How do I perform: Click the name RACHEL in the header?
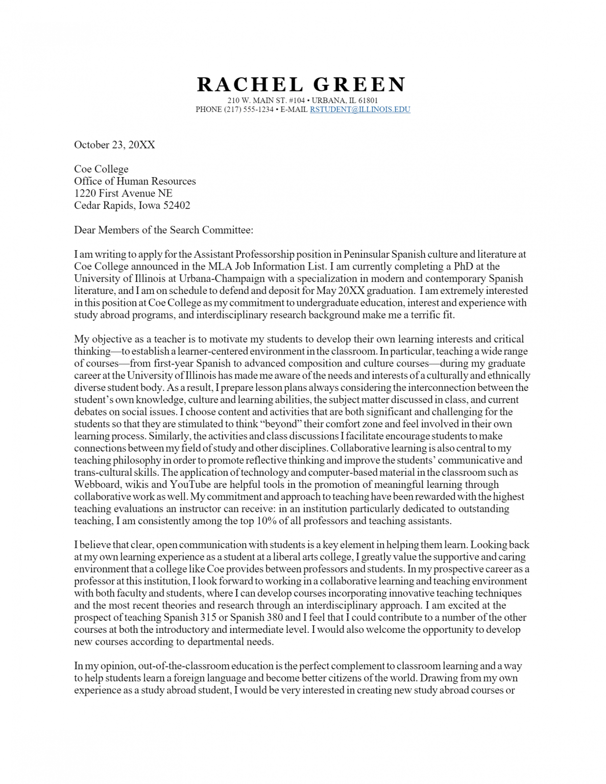[x=250, y=85]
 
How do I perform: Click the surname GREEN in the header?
[x=359, y=85]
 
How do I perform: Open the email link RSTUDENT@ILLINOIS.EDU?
[x=360, y=109]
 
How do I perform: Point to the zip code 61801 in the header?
[x=368, y=101]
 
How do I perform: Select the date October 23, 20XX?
[x=114, y=145]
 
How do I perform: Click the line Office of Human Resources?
[x=135, y=181]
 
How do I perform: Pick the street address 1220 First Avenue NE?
[x=123, y=193]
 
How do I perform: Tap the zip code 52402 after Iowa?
[x=177, y=206]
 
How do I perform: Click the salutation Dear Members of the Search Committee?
[x=163, y=230]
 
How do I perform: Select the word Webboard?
[x=97, y=484]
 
